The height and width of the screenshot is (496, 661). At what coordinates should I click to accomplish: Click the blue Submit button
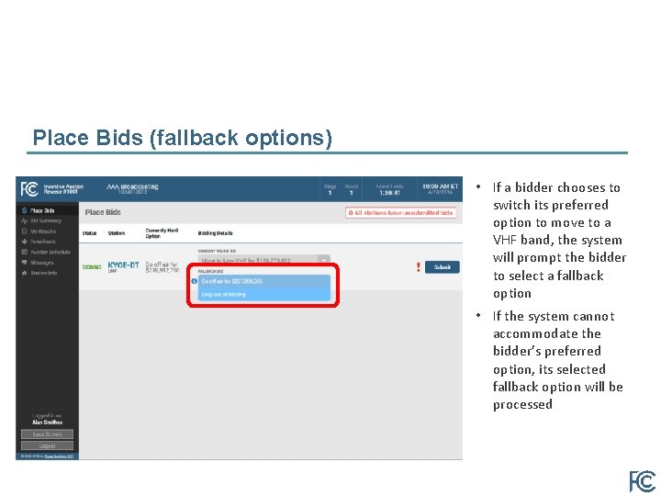coord(443,267)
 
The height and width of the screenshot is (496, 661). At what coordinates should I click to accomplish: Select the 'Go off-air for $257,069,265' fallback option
coord(262,281)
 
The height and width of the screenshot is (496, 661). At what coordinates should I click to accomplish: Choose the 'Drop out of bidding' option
coord(262,294)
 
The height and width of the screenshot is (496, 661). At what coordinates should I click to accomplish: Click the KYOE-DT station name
coord(124,265)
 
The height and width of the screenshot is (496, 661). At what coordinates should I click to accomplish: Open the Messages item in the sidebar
coord(42,263)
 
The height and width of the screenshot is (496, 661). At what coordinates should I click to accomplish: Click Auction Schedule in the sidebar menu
coord(50,252)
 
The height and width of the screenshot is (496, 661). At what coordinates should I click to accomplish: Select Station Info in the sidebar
coord(44,273)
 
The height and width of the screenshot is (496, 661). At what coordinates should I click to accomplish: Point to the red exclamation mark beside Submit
coord(418,267)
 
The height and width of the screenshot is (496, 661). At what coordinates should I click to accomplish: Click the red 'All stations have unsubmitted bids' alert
coord(400,212)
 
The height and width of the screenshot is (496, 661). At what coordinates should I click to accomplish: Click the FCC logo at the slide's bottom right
coord(641,481)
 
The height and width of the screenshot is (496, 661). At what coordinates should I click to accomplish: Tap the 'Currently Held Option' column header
coord(162,233)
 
